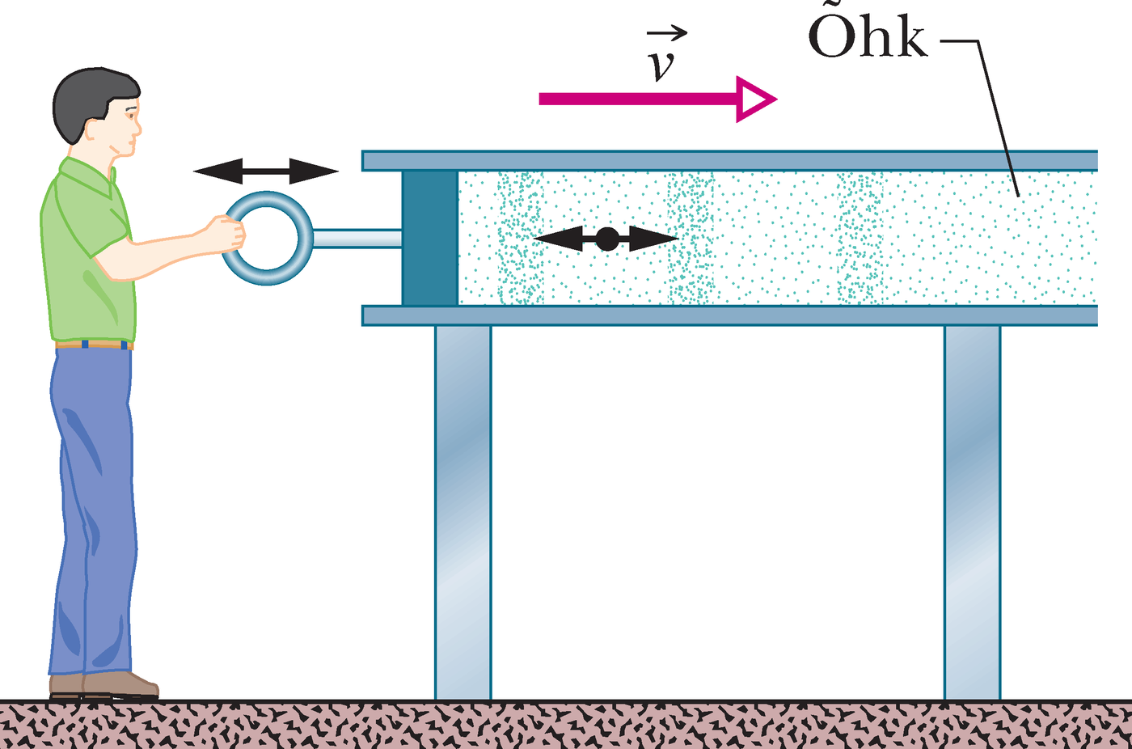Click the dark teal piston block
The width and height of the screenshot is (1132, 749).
point(430,238)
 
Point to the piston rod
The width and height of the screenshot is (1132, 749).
point(357,238)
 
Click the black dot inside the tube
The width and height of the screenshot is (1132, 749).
point(607,239)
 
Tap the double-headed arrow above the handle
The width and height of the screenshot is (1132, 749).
point(266,171)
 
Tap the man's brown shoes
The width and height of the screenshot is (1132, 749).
point(104,685)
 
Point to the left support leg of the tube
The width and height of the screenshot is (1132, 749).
point(463,513)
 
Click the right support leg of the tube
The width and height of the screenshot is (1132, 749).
point(972,513)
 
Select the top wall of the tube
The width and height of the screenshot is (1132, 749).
point(729,161)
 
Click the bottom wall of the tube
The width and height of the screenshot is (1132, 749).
point(729,316)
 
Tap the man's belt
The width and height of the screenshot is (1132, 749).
point(94,345)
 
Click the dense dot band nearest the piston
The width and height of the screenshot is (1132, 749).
point(521,238)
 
